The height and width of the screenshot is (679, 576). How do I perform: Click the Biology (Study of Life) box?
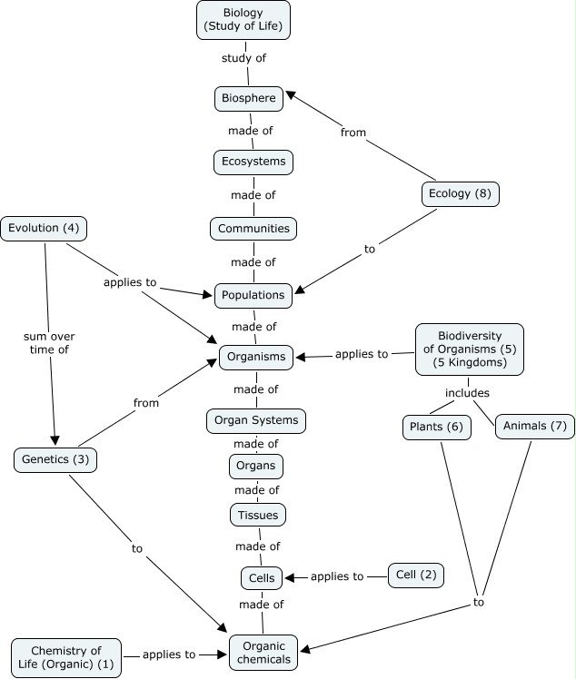click(x=243, y=19)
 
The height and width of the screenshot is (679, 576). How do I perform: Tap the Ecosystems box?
click(x=253, y=162)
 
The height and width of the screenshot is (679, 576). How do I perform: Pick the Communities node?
click(x=253, y=229)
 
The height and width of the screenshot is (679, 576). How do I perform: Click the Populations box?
click(x=253, y=295)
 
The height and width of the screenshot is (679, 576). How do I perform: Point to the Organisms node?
click(x=256, y=357)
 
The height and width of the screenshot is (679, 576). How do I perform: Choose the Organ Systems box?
click(x=255, y=421)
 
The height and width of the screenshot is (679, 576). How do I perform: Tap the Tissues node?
click(x=257, y=515)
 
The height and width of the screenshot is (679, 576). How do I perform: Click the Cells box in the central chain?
click(x=262, y=577)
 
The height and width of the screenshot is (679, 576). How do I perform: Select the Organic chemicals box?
click(x=266, y=652)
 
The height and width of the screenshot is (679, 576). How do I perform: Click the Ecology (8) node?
click(x=461, y=193)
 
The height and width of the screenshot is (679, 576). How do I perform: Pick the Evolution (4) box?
click(x=44, y=229)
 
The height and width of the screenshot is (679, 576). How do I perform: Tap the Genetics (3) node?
click(x=55, y=459)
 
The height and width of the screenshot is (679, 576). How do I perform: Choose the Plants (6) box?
click(x=436, y=428)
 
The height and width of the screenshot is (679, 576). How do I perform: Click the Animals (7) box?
click(x=534, y=428)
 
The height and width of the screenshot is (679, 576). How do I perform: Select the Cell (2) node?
click(x=416, y=574)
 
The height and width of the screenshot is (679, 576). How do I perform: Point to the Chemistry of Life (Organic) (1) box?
click(x=65, y=657)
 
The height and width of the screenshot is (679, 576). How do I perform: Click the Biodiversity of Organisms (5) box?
click(x=470, y=349)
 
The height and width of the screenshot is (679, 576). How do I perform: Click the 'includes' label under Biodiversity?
click(x=467, y=393)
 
